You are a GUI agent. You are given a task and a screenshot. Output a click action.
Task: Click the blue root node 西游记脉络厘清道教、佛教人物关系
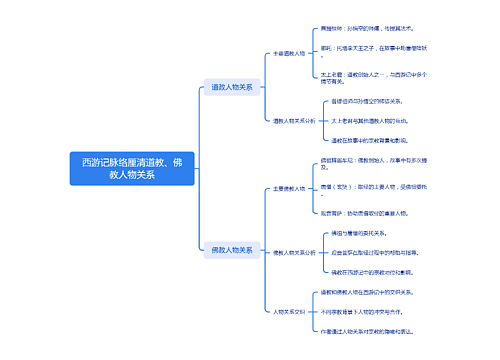click(x=132, y=168)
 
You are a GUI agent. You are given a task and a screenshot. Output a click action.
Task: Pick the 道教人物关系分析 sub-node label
click(x=294, y=120)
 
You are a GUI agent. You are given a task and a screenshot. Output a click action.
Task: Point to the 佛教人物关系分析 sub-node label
click(x=294, y=253)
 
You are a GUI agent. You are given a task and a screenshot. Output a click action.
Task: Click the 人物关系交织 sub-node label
click(x=291, y=311)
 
